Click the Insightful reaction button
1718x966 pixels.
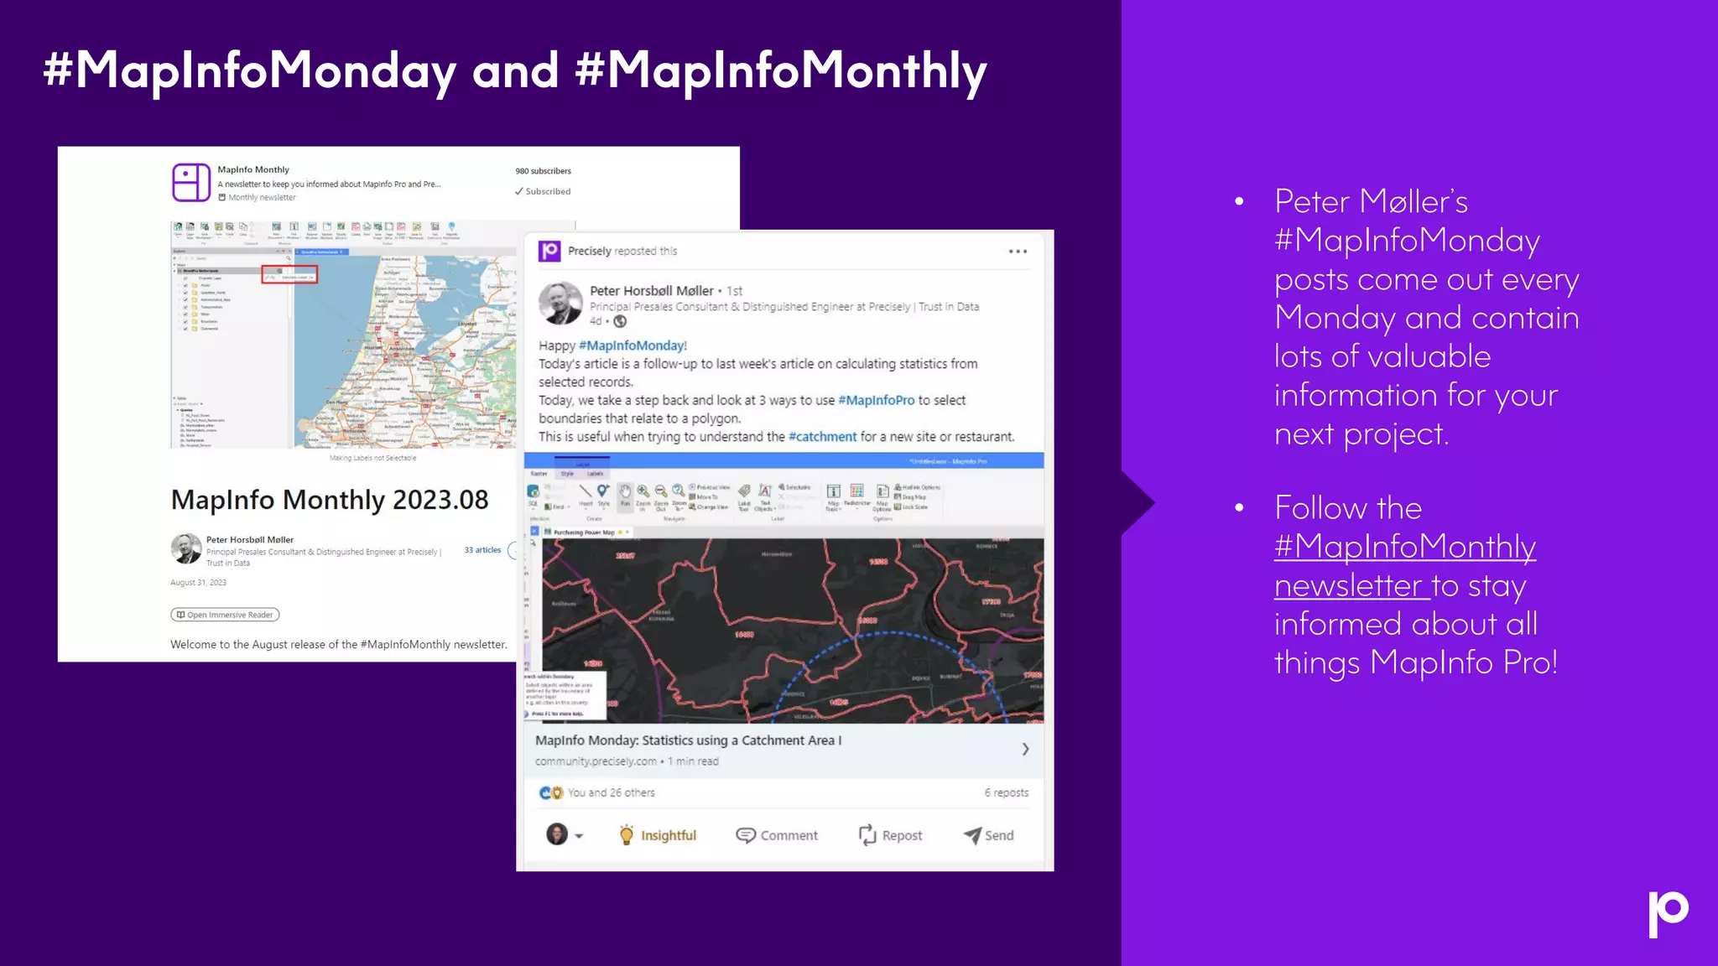tap(659, 835)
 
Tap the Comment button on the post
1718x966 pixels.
tap(777, 835)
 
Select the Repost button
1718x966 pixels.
tap(890, 835)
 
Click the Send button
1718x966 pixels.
tap(989, 835)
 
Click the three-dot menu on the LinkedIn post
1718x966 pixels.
tap(1018, 252)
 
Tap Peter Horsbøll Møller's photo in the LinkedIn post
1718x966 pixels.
tap(560, 304)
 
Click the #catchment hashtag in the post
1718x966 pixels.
tap(822, 437)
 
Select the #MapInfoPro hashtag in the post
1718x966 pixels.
tap(876, 400)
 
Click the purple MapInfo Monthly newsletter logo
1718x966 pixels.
tap(191, 182)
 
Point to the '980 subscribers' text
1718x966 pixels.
tap(543, 171)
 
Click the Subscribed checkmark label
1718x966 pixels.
tap(543, 191)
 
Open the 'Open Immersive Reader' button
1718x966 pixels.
tap(225, 615)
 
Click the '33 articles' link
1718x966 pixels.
tap(482, 550)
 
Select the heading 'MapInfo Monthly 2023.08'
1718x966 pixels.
tap(330, 500)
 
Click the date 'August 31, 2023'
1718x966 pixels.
tap(198, 583)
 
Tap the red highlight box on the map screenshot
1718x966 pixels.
tap(289, 274)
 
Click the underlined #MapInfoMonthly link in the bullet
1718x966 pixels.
tap(1405, 547)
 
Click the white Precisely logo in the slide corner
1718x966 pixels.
tap(1668, 913)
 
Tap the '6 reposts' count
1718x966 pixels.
tap(1006, 792)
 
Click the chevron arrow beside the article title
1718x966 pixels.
tap(1025, 749)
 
